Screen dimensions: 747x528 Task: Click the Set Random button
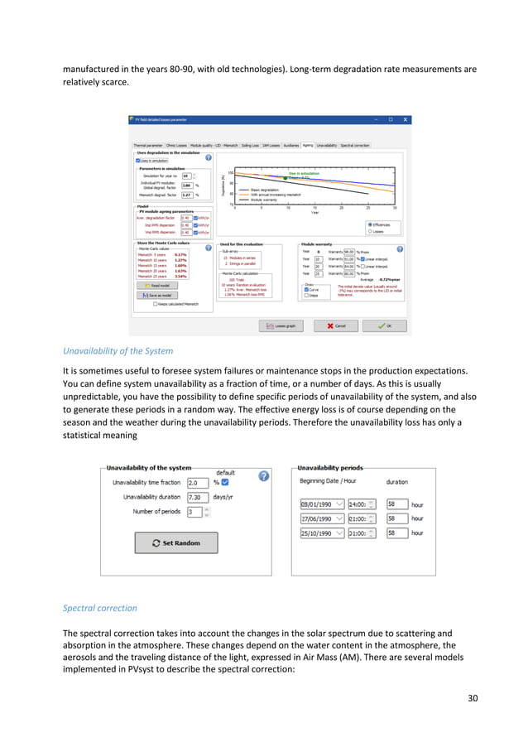(175, 542)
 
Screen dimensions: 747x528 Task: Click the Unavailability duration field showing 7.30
(199, 497)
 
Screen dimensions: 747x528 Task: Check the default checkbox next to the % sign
(226, 482)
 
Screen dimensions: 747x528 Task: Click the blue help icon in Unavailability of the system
(263, 476)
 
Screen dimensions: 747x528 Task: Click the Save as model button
(158, 295)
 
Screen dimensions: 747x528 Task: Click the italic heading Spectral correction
(100, 608)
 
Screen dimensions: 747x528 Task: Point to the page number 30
(473, 698)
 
